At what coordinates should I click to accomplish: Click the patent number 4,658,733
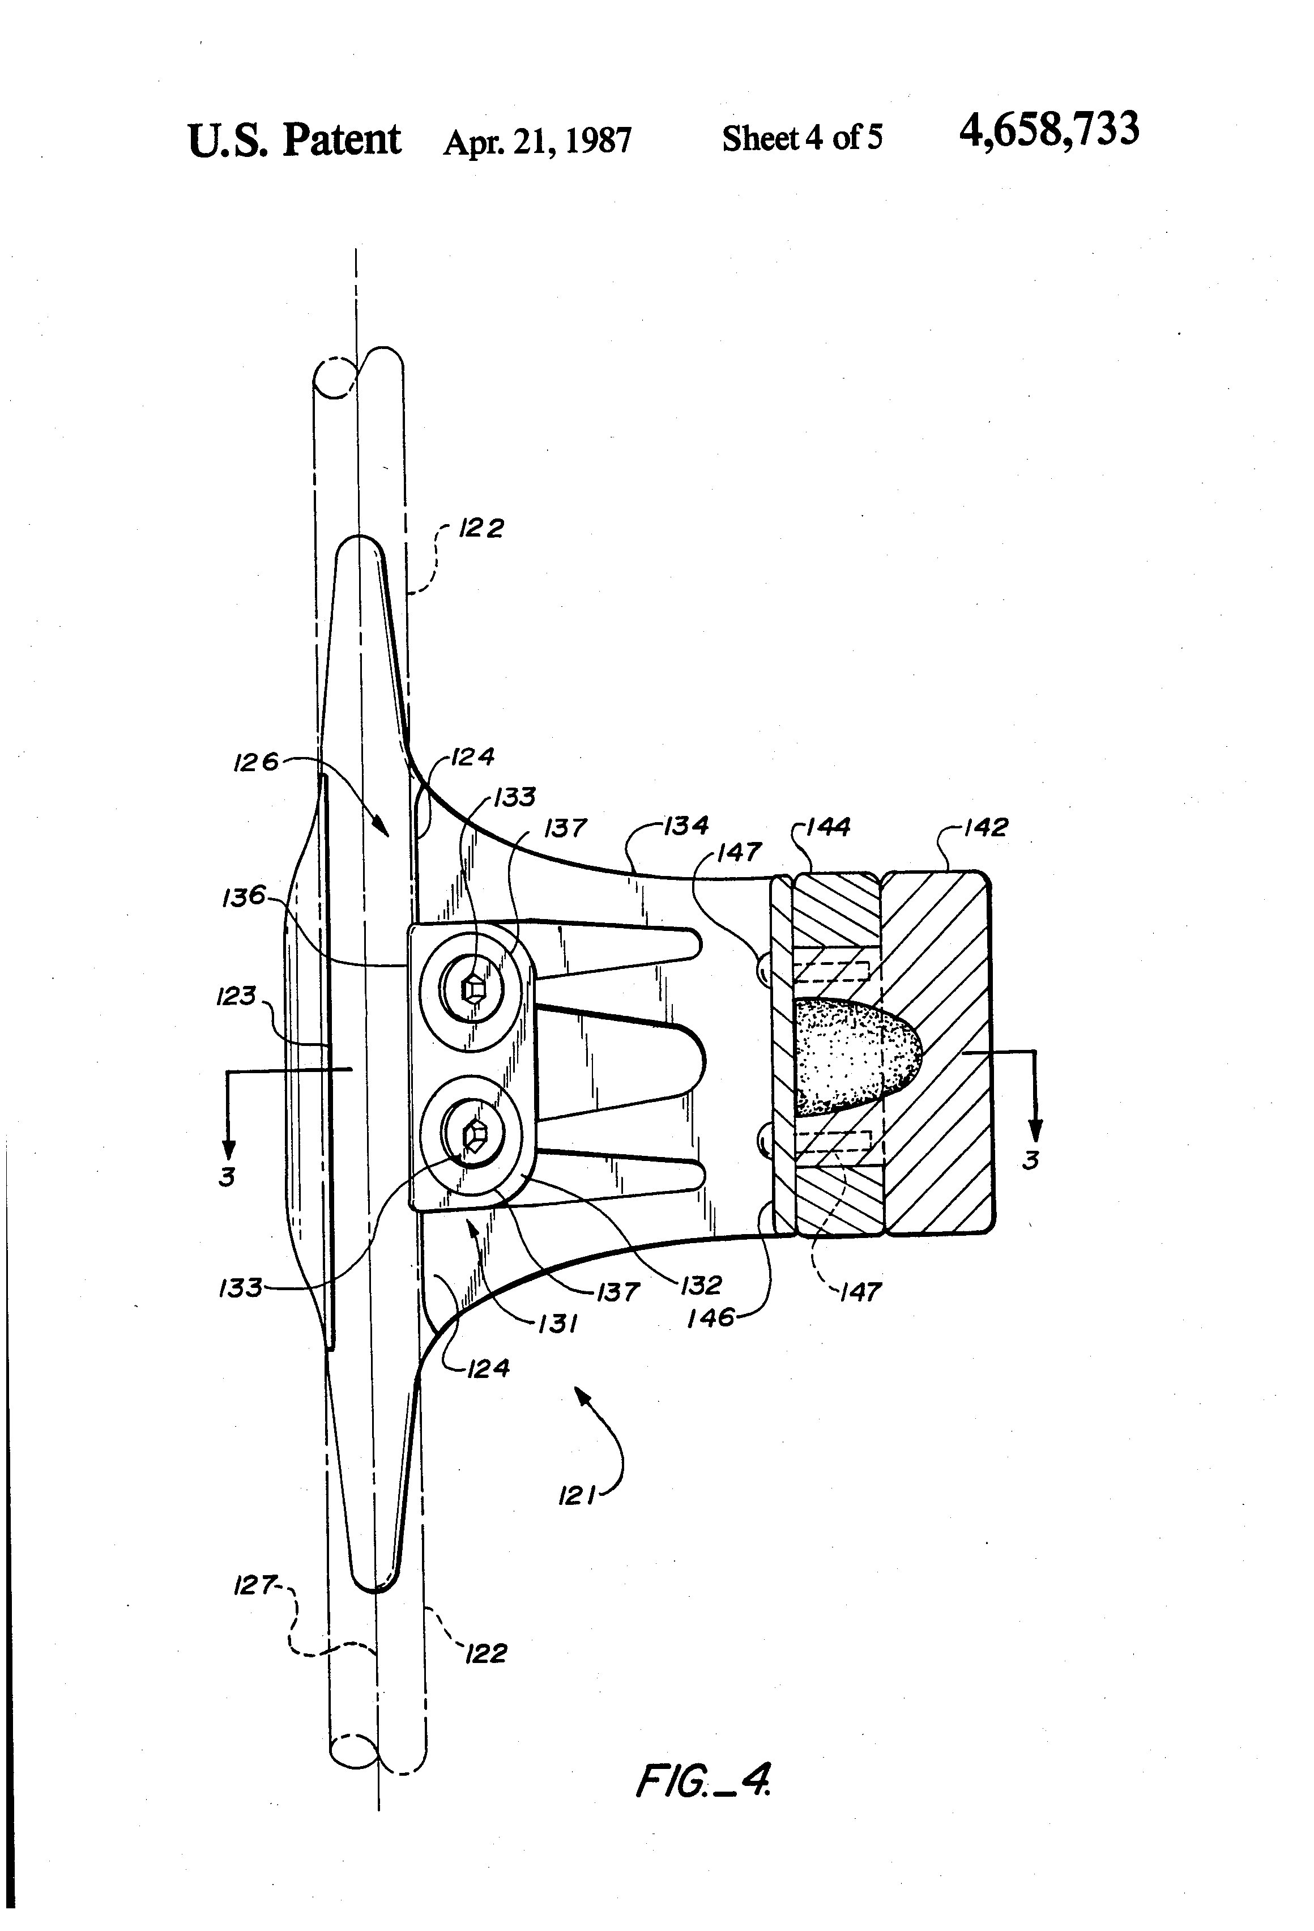pos(1049,130)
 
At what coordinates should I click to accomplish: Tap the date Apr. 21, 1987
pos(537,141)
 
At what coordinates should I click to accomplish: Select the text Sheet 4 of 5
pos(803,138)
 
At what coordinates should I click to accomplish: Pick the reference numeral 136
pos(244,896)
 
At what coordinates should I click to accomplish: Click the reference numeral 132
pos(701,1286)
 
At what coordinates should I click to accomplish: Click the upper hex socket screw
pos(472,988)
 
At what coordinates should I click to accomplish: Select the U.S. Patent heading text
pos(294,141)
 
